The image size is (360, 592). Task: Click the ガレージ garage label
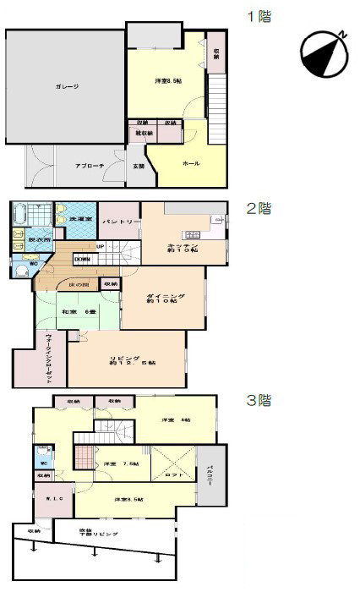tap(67, 86)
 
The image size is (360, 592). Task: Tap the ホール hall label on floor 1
tap(179, 163)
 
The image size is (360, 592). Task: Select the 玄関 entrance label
tap(138, 166)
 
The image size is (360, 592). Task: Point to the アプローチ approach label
tap(89, 166)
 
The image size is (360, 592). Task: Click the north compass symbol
tap(324, 54)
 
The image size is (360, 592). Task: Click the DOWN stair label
tap(83, 259)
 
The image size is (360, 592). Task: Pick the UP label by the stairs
tap(100, 247)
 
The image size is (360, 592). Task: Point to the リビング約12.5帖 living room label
tap(132, 362)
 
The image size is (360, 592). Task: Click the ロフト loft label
tap(174, 476)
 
